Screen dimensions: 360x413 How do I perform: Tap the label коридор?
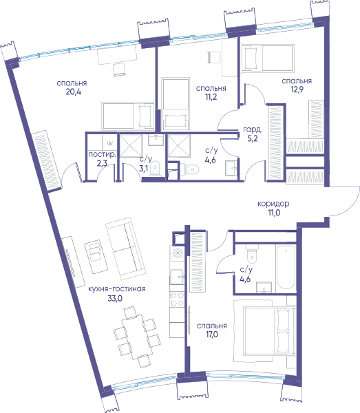point(273,204)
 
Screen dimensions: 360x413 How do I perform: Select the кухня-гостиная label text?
point(116,289)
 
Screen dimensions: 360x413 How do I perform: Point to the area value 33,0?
point(115,299)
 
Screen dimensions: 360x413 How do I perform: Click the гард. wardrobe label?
point(253,129)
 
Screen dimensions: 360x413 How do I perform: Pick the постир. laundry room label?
point(102,155)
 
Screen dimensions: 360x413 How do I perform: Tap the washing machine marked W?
point(109,143)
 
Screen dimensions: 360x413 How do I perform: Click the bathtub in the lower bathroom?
point(286,267)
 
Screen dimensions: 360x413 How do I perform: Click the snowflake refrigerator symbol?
point(178,253)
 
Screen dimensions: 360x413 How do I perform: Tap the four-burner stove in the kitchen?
point(177,299)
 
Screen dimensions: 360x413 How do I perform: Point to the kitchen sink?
point(177,277)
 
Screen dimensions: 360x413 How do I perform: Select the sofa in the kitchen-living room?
point(125,248)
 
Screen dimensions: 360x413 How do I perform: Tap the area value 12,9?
point(297,89)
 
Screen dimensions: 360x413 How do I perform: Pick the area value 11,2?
point(211,97)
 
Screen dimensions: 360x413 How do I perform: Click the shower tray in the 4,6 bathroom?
point(179,146)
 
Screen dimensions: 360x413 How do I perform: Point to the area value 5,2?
point(253,138)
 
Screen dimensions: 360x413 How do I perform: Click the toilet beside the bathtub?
point(253,252)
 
